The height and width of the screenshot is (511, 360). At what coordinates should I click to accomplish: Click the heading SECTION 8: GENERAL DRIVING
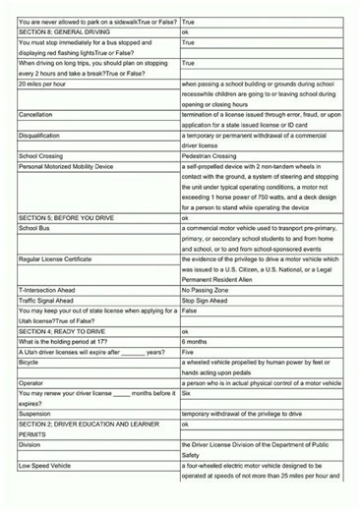pos(60,32)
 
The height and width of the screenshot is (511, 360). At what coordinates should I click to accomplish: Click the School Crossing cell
pos(42,156)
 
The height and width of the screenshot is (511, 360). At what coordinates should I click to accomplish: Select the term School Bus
pos(35,228)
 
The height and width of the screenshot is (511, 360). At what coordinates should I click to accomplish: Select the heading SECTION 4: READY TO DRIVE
pos(61,332)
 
